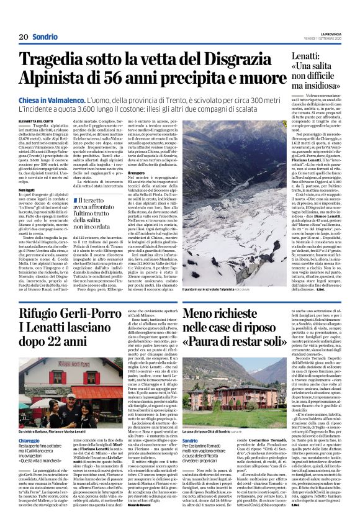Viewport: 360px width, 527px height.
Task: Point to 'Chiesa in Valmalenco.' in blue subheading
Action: [53, 99]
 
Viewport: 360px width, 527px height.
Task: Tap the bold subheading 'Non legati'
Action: [27, 181]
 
